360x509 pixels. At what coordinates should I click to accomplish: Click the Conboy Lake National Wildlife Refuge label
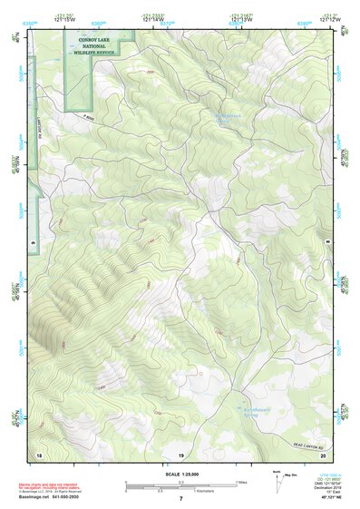(105, 46)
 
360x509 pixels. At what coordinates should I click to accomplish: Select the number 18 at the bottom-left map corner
(38, 453)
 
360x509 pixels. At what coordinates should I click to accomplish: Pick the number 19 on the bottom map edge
(180, 453)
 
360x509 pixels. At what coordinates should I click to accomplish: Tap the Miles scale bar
(180, 482)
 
